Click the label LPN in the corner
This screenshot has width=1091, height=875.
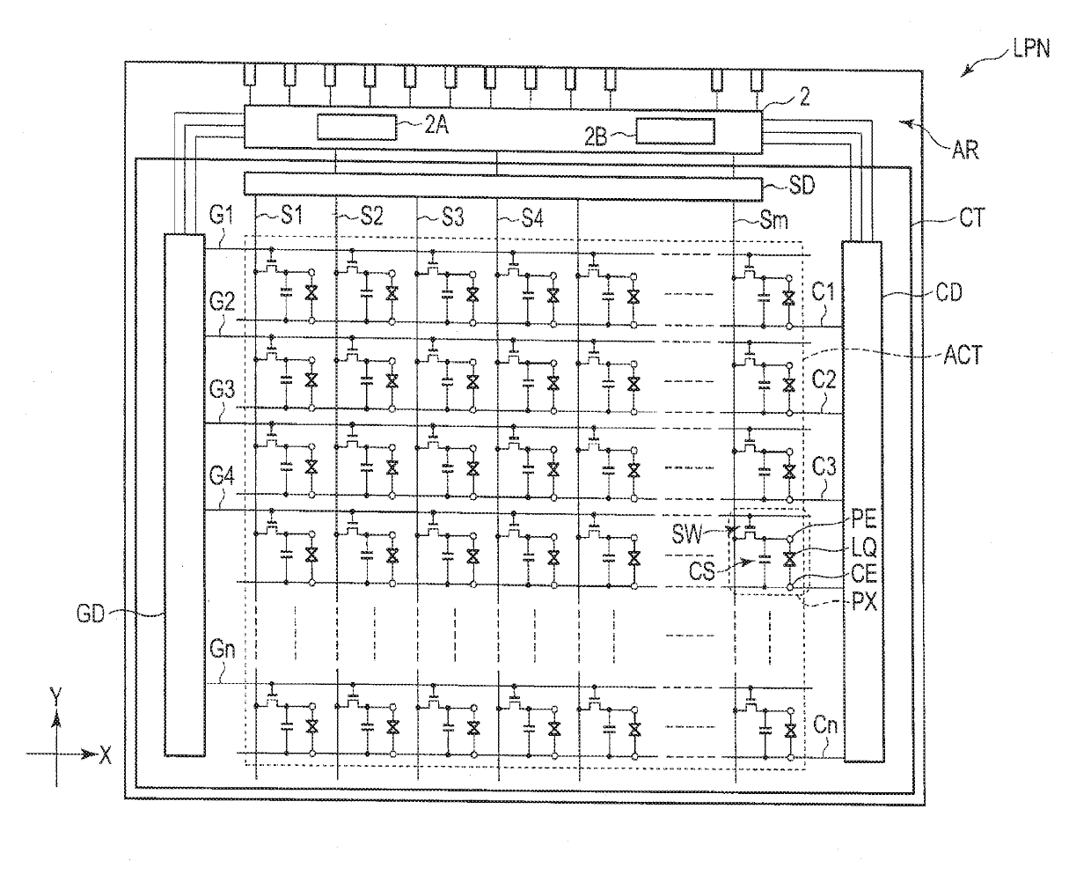point(1031,49)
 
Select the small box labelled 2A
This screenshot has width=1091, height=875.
point(357,128)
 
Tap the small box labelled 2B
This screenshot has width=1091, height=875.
point(676,131)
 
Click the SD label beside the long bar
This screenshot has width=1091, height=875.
point(802,186)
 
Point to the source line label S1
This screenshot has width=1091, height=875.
point(291,216)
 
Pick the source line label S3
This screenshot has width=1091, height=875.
point(452,217)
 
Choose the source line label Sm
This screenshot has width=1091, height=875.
point(774,220)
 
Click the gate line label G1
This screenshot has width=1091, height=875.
point(222,215)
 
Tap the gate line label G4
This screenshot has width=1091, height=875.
point(222,476)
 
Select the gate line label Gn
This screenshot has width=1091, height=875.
point(223,650)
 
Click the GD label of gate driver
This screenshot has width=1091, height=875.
point(91,614)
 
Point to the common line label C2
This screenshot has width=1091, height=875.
point(824,379)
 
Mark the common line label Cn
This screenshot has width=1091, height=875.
point(825,725)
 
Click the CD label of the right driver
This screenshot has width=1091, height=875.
point(948,292)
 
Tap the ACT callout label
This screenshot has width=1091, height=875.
point(963,355)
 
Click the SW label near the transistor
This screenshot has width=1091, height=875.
point(687,534)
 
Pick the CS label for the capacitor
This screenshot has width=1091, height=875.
point(701,571)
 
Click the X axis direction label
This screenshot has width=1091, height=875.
point(105,755)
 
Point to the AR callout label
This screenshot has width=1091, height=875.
point(965,151)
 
